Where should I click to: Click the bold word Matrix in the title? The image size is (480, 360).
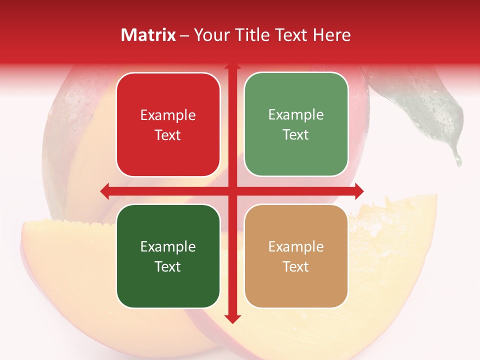pos(148,35)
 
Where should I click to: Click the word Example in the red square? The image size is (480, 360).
pos(168,115)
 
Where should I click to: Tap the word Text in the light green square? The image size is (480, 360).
pos(295,135)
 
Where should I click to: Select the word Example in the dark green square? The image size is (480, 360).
pos(168,247)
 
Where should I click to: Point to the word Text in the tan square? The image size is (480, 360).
pos(295,266)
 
